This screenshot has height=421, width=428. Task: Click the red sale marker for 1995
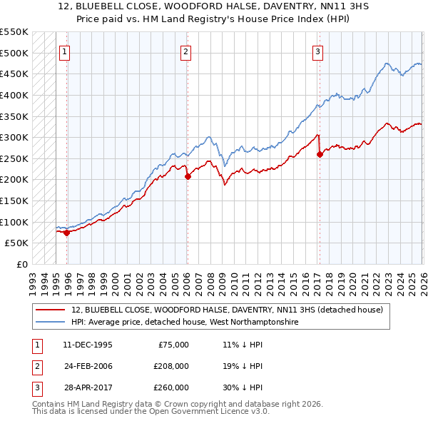tap(67, 232)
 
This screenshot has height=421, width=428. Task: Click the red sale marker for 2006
tap(188, 176)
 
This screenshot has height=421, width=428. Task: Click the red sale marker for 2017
tap(320, 154)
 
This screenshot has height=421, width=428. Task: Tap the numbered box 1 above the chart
tap(65, 51)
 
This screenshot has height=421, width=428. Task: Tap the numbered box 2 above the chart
tap(185, 51)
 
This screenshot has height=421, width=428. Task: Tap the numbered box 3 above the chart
tap(317, 51)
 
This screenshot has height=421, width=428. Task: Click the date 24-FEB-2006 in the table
tap(88, 366)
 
